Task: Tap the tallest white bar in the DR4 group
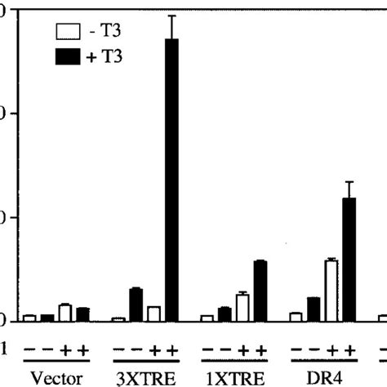[331, 290]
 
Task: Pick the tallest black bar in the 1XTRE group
[260, 290]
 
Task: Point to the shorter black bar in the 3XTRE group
[136, 304]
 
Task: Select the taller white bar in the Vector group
[64, 312]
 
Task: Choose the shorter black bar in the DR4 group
[314, 309]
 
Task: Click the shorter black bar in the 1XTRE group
[225, 314]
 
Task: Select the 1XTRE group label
[234, 379]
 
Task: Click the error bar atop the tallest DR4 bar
[349, 189]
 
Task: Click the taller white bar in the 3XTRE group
[153, 313]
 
